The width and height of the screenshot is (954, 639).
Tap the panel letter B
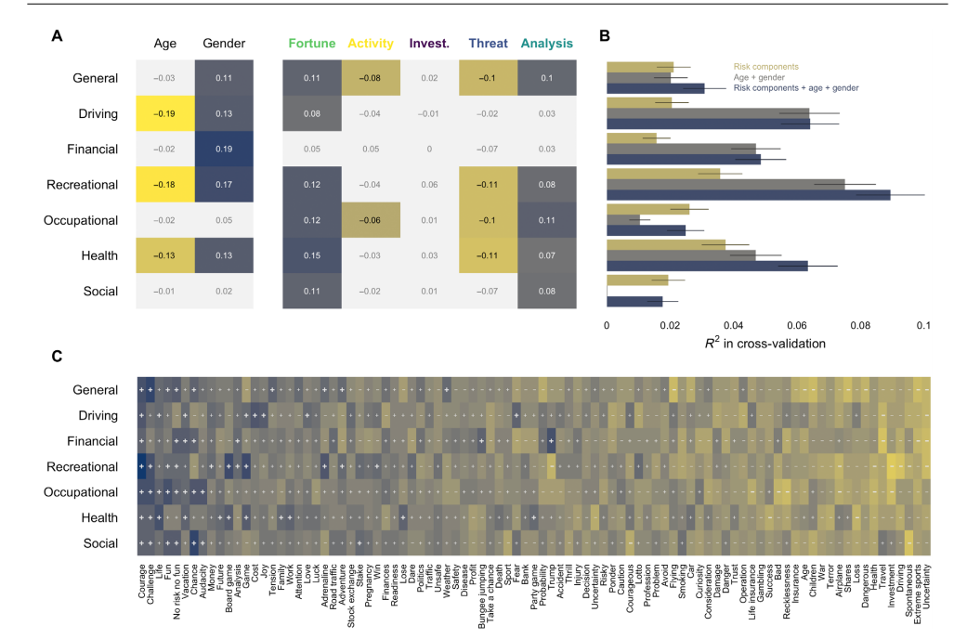605,37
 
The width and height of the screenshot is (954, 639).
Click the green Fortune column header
311,43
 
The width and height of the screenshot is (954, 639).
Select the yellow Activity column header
371,43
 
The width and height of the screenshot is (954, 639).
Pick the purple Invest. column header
429,43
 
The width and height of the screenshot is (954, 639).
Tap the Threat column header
488,43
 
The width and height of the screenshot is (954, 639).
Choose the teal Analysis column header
546,43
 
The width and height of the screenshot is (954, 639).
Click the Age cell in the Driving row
165,114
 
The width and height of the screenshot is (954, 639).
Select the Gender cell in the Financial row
224,150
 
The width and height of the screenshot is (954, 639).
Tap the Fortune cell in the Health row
311,255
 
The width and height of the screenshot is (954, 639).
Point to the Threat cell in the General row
488,78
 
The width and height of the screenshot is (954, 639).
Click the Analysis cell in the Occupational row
546,220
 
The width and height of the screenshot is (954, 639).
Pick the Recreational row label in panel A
83,185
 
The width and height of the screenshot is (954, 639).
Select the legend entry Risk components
766,67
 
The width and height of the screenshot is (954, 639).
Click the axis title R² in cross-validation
765,343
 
